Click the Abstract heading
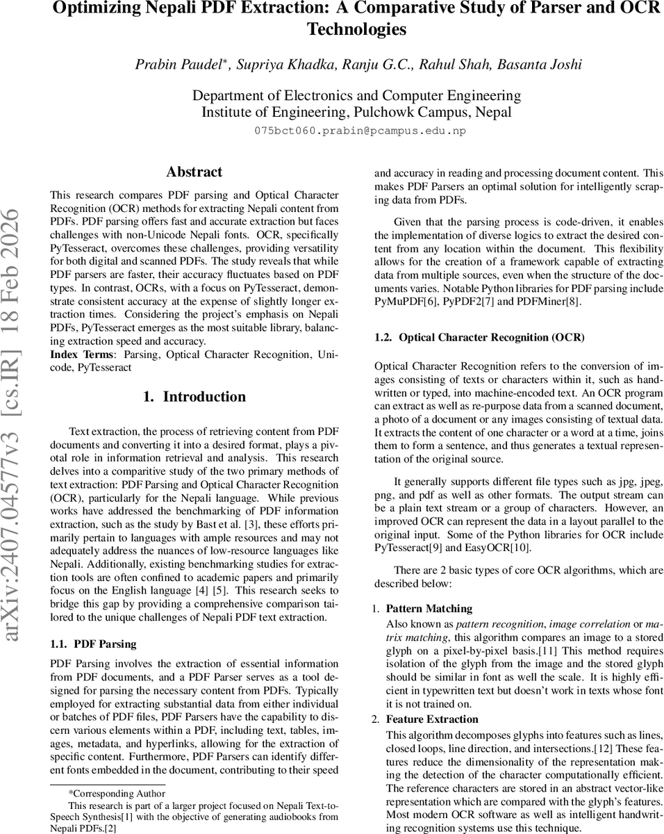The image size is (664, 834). [194, 172]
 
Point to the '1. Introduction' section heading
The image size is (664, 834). [194, 397]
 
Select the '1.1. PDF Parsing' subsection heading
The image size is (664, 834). [93, 644]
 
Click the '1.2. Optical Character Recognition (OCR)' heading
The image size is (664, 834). [479, 337]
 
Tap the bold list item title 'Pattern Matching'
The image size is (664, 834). [429, 608]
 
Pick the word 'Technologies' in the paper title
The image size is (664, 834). [356, 29]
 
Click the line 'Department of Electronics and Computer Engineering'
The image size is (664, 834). [356, 95]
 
